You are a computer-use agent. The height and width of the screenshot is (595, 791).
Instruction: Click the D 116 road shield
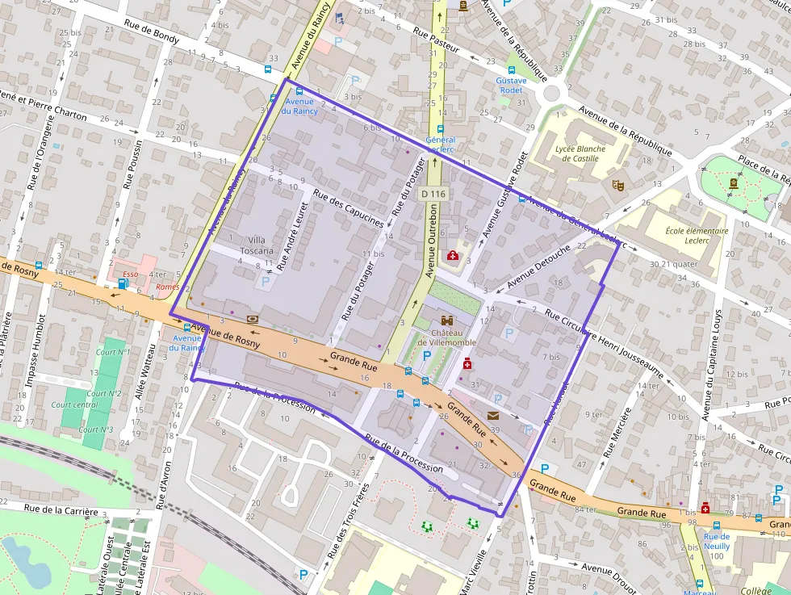pos(433,194)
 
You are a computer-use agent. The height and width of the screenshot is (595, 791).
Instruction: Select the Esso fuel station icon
pos(123,283)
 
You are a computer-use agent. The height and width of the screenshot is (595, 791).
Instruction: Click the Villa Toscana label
pos(257,245)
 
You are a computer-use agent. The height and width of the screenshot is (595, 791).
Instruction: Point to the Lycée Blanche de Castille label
pos(580,153)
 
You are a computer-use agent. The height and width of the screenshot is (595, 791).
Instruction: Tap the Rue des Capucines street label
pos(348,208)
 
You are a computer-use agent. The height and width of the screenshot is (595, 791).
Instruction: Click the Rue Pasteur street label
pos(436,41)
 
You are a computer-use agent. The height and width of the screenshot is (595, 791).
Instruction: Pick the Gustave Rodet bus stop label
pos(510,86)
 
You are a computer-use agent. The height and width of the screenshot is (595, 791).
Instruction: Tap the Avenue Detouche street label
pos(539,262)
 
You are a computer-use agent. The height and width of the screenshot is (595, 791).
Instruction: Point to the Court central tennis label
pos(74,404)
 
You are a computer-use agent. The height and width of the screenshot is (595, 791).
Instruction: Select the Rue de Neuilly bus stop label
pos(716,541)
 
